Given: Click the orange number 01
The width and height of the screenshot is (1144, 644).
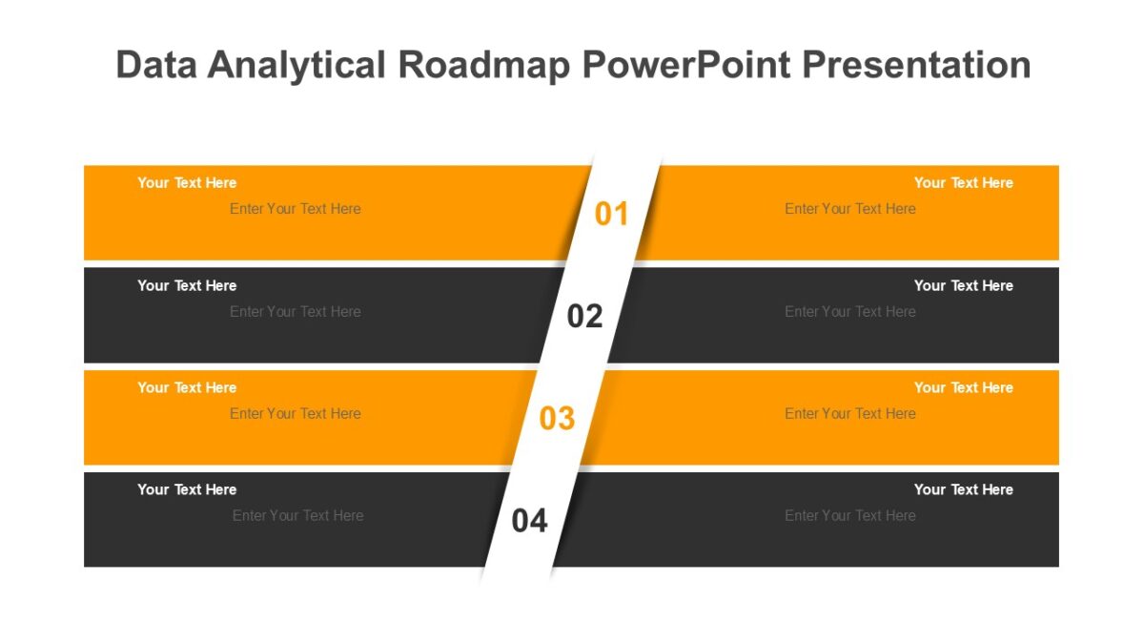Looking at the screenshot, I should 612,214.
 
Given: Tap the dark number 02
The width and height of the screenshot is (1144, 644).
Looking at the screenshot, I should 585,316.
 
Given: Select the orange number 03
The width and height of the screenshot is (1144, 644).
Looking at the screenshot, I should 558,418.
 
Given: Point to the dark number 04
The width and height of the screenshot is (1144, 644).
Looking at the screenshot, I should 530,521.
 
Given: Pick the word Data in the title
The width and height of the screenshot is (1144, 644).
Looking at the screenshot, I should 156,65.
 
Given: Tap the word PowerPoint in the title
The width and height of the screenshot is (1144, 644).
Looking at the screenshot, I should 685,65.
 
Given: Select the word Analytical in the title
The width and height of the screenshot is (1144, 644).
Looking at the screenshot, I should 297,65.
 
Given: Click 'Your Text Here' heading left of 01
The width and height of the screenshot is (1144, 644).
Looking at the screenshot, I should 187,182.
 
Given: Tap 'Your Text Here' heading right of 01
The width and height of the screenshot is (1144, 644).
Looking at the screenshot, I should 963,182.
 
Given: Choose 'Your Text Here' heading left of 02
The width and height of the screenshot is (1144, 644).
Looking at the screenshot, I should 187,285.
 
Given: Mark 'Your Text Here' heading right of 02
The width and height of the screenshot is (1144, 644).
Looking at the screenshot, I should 963,285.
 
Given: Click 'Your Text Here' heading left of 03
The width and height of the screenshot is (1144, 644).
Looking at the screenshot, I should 187,387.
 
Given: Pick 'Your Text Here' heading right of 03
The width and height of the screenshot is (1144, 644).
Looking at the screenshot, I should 963,387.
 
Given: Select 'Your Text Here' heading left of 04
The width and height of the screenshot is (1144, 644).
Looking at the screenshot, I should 187,489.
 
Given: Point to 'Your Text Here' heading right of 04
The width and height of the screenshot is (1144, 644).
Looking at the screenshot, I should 963,489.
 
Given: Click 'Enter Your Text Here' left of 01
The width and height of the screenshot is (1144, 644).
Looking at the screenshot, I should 296,209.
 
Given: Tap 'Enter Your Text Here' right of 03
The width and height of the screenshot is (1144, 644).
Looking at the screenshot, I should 850,413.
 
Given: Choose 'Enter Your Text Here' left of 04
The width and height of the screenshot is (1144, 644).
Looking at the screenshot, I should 297,515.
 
